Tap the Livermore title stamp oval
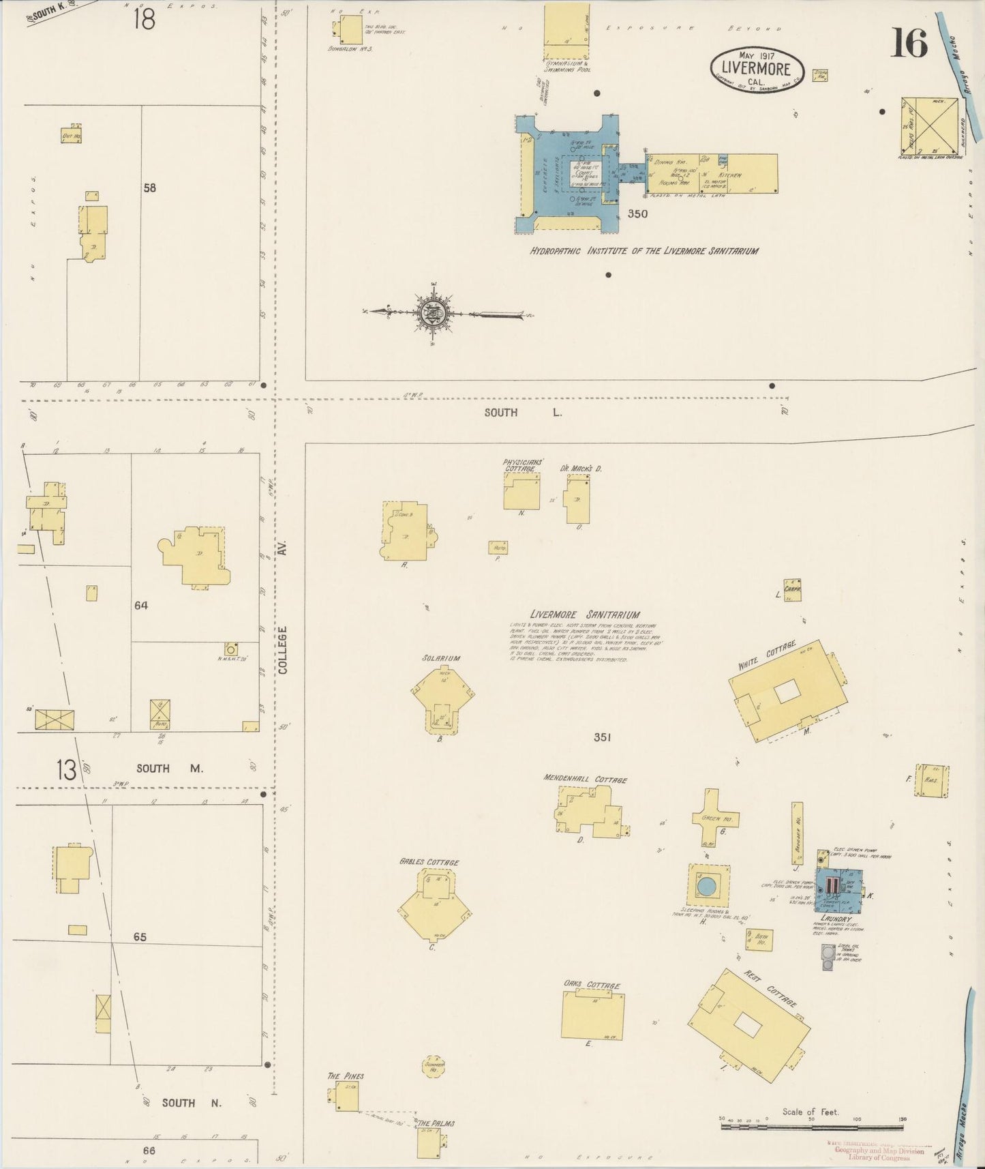pyautogui.click(x=757, y=67)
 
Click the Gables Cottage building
pyautogui.click(x=432, y=904)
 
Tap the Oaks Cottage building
pyautogui.click(x=592, y=1016)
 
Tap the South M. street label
pyautogui.click(x=170, y=768)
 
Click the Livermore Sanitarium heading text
pyautogui.click(x=585, y=615)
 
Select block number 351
pyautogui.click(x=601, y=737)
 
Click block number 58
pyautogui.click(x=149, y=188)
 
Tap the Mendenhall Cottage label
pyautogui.click(x=585, y=779)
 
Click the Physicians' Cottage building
pyautogui.click(x=521, y=492)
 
